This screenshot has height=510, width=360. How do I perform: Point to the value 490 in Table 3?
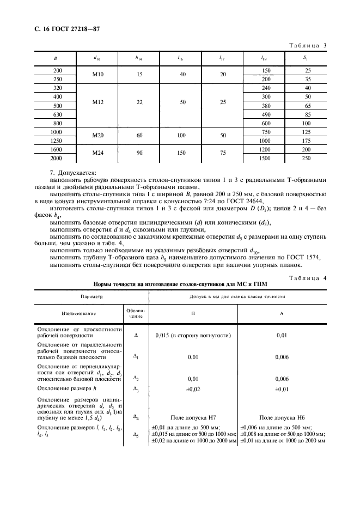(266, 114)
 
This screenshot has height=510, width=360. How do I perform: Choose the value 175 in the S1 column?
(307, 141)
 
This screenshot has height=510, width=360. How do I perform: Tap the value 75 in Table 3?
(222, 153)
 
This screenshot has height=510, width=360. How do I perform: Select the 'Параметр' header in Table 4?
(91, 297)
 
